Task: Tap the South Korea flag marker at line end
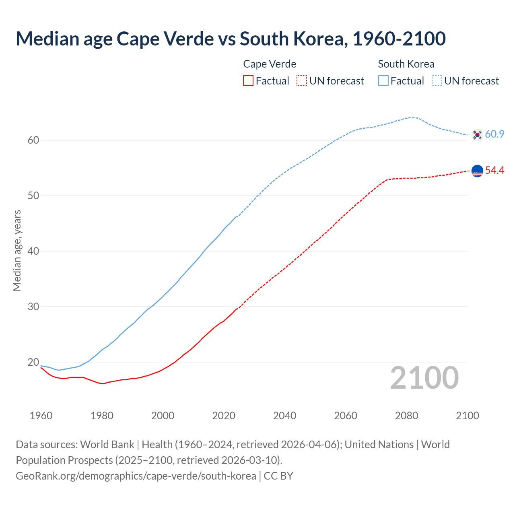point(477,135)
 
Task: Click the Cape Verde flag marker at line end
point(477,171)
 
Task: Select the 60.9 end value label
point(494,134)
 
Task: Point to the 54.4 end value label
point(494,171)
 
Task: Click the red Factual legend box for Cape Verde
point(248,81)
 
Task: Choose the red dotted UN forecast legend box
point(302,81)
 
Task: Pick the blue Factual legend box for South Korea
point(383,81)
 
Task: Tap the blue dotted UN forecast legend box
point(437,81)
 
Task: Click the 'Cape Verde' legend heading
point(270,64)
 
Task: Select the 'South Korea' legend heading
point(406,64)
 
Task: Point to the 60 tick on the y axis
point(33,140)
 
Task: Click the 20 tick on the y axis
point(33,362)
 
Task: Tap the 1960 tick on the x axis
point(41,416)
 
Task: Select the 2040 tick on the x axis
point(284,416)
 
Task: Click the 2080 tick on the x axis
point(406,416)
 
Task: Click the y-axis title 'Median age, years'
point(17,250)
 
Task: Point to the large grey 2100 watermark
point(424,378)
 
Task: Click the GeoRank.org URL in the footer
point(136,476)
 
